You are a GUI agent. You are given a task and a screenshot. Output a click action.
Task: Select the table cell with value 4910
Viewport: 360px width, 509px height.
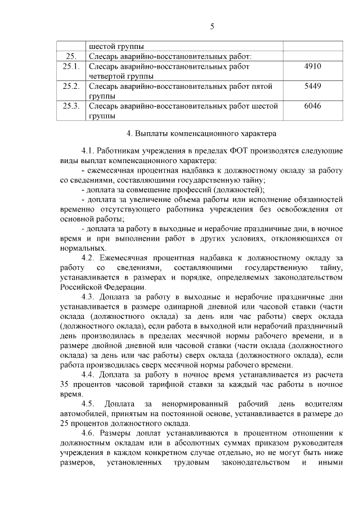point(312,66)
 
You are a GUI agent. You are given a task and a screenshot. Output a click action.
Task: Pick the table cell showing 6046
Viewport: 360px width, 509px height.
point(312,106)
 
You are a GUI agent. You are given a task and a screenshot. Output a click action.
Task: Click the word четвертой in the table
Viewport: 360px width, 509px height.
point(107,76)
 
